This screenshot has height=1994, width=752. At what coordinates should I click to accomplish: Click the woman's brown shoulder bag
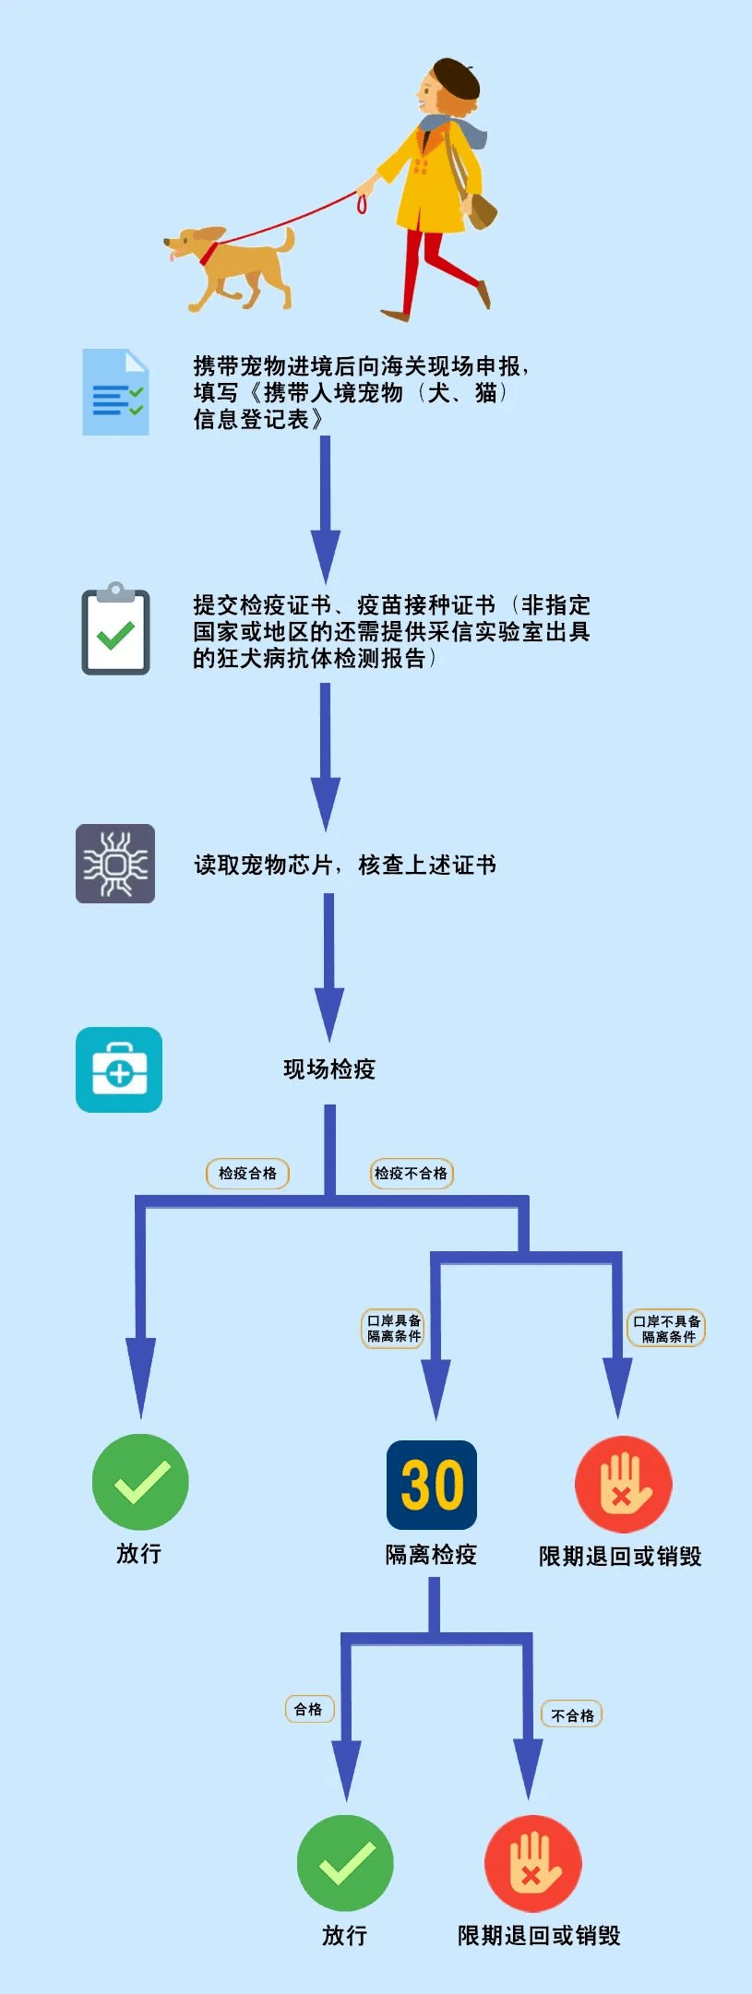(480, 210)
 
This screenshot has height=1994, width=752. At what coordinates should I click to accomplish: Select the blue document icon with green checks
(115, 392)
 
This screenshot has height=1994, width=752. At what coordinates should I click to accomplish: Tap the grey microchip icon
(115, 864)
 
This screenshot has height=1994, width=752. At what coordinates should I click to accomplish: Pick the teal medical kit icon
(119, 1069)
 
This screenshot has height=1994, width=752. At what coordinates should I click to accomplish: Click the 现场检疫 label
(329, 1069)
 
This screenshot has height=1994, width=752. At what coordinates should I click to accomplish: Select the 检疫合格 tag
(247, 1173)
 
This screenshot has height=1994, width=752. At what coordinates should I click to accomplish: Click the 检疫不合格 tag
(411, 1173)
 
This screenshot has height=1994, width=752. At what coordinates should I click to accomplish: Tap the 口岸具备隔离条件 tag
(394, 1328)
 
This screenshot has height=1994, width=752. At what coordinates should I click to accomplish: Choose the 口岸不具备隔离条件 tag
(667, 1329)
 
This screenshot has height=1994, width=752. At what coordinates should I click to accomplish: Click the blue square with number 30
(432, 1485)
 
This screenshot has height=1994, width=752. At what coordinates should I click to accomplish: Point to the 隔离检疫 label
(431, 1555)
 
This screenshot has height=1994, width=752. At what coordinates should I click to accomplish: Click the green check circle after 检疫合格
(140, 1482)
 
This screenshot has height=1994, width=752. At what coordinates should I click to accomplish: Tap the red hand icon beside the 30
(623, 1485)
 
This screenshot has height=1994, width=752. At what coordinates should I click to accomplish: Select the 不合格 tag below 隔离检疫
(572, 1715)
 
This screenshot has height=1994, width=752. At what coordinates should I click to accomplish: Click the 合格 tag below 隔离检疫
(308, 1709)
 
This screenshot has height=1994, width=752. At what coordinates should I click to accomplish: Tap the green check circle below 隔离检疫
(345, 1863)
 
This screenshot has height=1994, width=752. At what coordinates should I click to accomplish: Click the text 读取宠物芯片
(262, 865)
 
